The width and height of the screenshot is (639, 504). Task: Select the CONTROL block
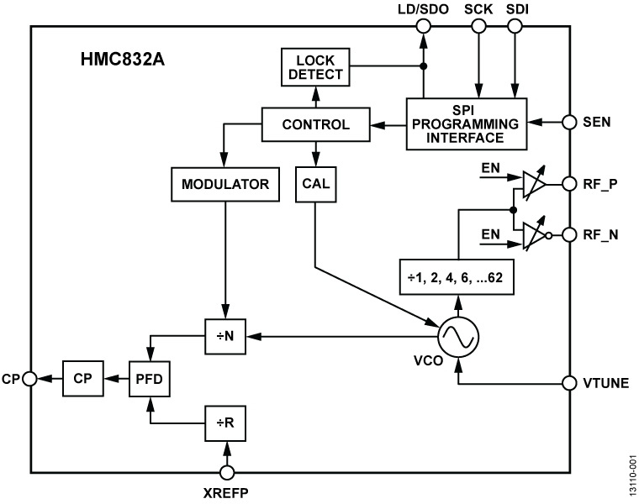pyautogui.click(x=316, y=125)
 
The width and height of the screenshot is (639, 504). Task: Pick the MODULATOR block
pyautogui.click(x=224, y=184)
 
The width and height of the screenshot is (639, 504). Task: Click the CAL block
pyautogui.click(x=315, y=184)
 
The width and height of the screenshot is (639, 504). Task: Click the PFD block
pyautogui.click(x=148, y=379)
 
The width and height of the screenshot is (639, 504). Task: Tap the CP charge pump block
pyautogui.click(x=81, y=379)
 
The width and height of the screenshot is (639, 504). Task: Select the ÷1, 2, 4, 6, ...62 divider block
pyautogui.click(x=457, y=278)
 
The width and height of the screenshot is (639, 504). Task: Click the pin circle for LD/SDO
pyautogui.click(x=424, y=27)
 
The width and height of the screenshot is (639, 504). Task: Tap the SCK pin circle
pyautogui.click(x=479, y=27)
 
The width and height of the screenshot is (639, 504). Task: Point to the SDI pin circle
pyautogui.click(x=516, y=27)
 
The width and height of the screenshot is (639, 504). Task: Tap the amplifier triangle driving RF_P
pyautogui.click(x=531, y=183)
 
